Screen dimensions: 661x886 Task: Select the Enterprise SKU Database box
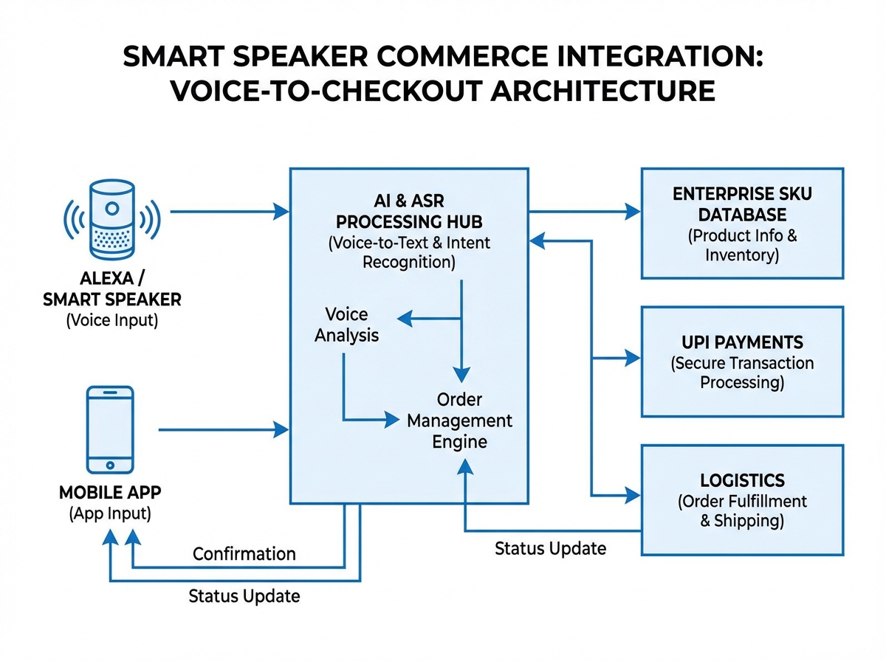click(x=741, y=224)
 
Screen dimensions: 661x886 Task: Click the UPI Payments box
click(x=741, y=361)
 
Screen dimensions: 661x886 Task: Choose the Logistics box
click(x=741, y=499)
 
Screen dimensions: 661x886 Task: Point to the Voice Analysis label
click(x=346, y=325)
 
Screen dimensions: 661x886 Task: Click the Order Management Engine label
click(x=459, y=421)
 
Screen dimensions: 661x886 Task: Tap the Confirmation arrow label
click(x=244, y=553)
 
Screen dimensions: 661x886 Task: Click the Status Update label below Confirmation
click(x=244, y=595)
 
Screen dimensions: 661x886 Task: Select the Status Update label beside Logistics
click(x=550, y=548)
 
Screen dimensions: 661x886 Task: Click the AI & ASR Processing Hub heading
click(x=408, y=211)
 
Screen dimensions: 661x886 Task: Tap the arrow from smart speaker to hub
click(x=229, y=212)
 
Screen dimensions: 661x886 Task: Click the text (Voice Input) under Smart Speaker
click(x=111, y=320)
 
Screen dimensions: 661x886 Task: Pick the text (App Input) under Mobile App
click(x=111, y=513)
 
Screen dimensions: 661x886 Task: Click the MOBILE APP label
click(x=111, y=492)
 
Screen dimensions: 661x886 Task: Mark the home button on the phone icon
click(x=111, y=465)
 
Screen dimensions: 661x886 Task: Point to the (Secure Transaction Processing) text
click(x=741, y=373)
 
